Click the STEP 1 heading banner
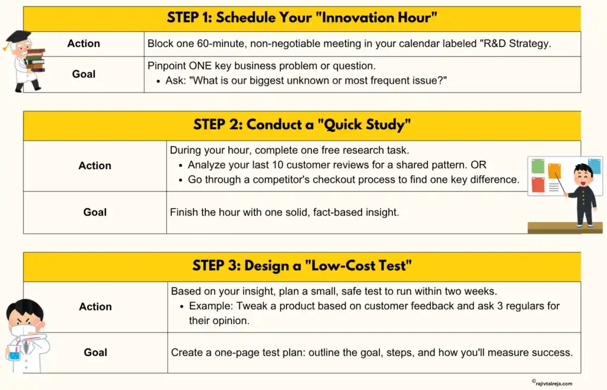tap(302, 18)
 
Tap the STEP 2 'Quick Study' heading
tap(302, 125)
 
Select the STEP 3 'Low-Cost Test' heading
tap(302, 265)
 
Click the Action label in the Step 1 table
tap(84, 43)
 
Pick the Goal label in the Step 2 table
tap(95, 212)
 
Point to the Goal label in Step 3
tap(95, 352)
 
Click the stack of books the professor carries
tap(35, 60)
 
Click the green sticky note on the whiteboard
tap(538, 166)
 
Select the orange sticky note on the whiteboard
tap(554, 171)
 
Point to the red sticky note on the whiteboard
tap(538, 185)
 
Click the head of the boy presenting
tap(583, 176)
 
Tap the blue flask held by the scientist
tap(13, 355)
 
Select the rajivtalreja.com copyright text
tap(552, 383)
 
